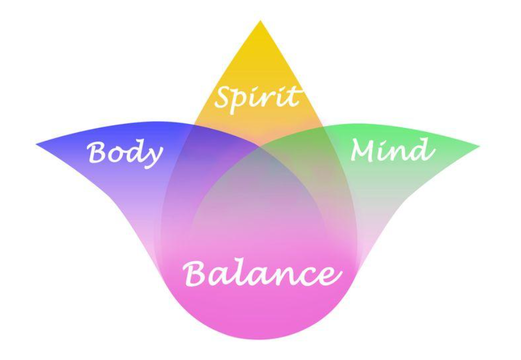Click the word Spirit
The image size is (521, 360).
coord(257,96)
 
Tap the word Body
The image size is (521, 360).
coord(125,153)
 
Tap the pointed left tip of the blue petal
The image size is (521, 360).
coord(37,144)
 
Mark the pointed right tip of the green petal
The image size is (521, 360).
coord(479,146)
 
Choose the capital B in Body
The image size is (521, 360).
coord(98,152)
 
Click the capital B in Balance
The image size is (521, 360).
coord(196,273)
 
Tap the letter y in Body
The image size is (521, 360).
coord(153,156)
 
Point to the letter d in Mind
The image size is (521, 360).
coord(423,149)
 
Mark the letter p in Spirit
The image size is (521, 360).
coord(244,100)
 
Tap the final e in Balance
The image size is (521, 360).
coord(328,276)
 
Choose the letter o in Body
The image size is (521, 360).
coord(117,155)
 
